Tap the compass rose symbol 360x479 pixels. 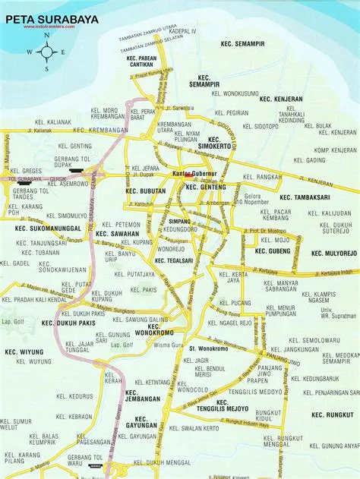coord(47,52)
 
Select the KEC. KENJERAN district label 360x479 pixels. coord(280,99)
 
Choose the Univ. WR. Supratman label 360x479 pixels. coord(334,313)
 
